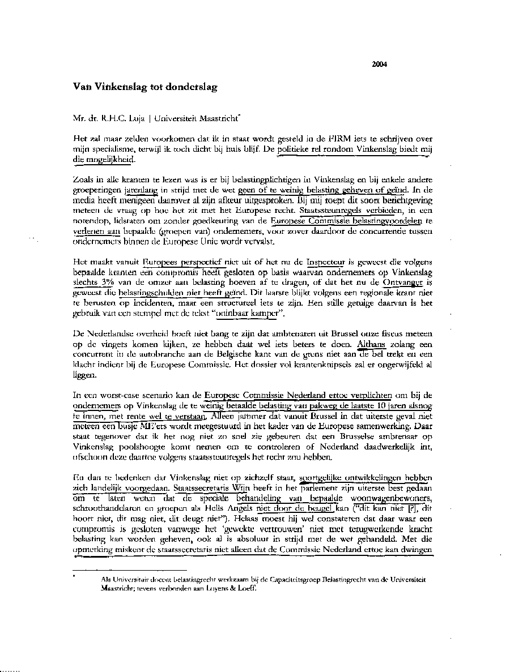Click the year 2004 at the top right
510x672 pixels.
379,64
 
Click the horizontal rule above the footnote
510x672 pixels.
130,570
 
